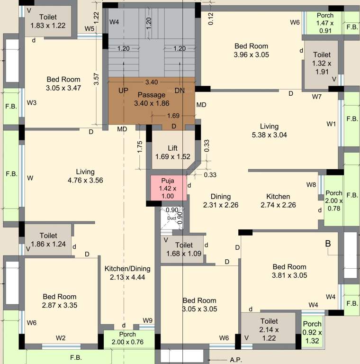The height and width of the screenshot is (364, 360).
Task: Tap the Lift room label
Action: [172, 152]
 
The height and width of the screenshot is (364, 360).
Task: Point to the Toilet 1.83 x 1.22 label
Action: [48, 21]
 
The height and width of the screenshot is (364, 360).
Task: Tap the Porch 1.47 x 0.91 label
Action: [325, 23]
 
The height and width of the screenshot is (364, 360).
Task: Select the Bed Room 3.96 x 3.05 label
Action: [251, 50]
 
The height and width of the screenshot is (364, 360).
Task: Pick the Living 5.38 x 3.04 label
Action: [269, 130]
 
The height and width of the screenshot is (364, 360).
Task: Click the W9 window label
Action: [148, 320]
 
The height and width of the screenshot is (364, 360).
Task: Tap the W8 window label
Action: [311, 184]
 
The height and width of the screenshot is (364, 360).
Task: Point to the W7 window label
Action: [317, 97]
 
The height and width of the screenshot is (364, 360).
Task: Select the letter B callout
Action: [327, 244]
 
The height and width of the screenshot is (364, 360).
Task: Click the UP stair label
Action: [123, 90]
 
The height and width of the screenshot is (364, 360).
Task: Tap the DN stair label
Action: [180, 90]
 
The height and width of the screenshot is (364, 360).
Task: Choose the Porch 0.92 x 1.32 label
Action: [312, 332]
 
